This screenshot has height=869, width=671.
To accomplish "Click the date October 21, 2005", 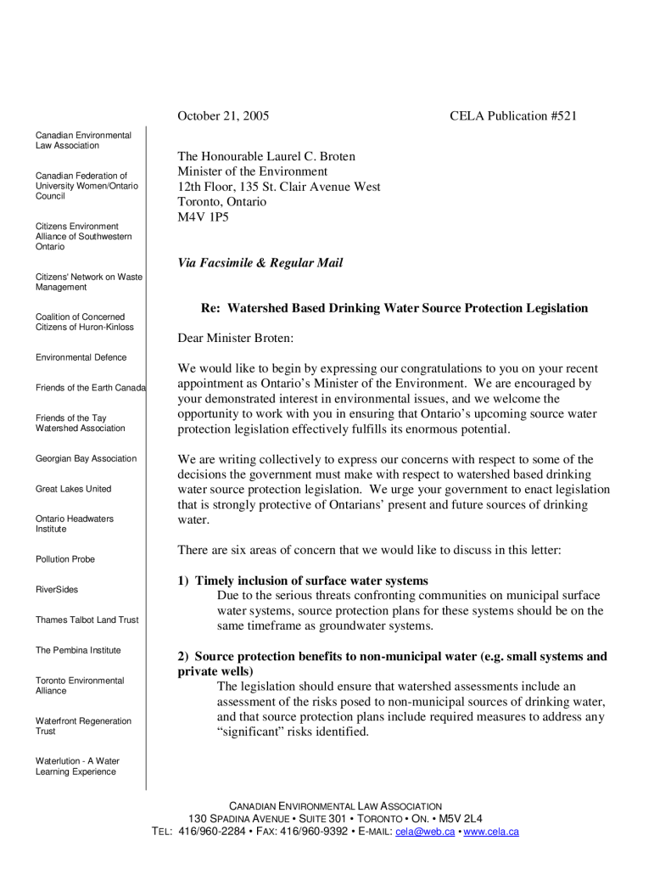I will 223,115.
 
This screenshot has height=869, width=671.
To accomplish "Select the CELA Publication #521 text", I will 513,115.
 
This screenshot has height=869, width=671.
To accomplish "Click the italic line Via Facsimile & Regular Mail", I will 260,263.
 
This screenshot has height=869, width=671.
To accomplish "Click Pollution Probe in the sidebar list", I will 65,559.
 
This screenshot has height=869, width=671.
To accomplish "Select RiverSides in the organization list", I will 57,590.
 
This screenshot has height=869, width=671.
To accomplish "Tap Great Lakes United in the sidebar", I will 73,489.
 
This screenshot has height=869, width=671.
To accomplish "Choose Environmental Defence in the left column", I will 81,357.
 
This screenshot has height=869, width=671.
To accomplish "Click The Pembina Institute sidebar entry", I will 78,650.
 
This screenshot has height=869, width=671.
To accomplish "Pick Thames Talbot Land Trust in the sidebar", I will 87,620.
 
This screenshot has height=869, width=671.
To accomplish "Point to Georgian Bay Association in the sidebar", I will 86,458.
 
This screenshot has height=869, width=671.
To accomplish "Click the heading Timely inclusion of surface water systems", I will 311,580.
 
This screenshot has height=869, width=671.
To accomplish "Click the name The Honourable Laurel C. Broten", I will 266,156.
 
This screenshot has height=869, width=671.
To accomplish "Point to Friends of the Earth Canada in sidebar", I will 91,388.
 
